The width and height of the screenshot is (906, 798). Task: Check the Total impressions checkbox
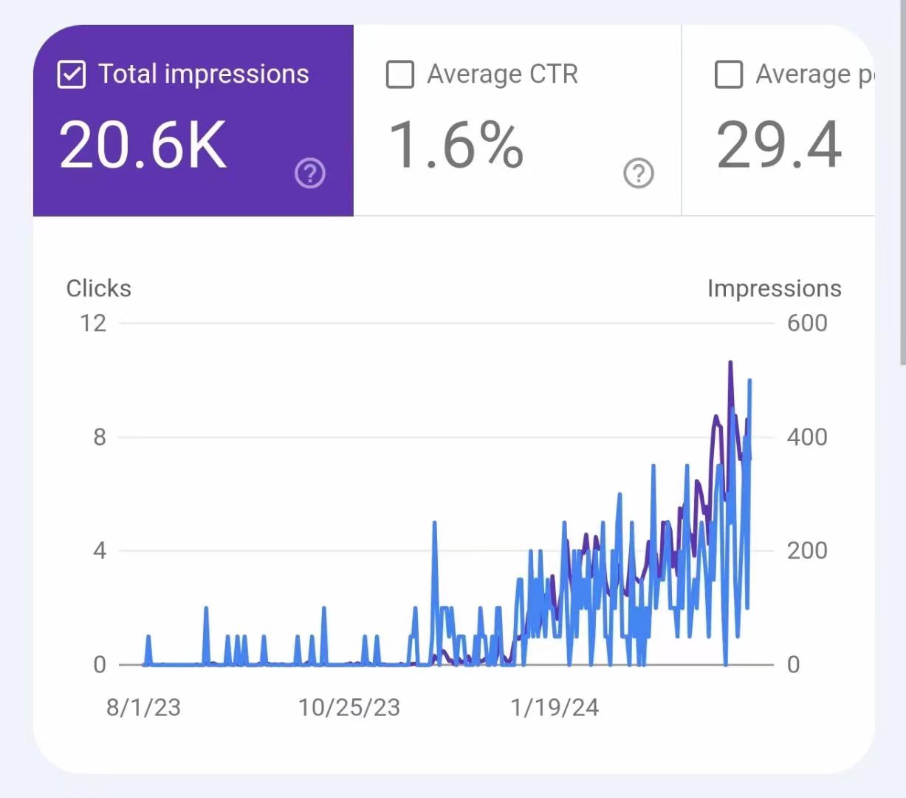72,75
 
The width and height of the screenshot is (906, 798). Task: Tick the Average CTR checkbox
400,75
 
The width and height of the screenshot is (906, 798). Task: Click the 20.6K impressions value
143,145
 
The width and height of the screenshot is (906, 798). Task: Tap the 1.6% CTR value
456,145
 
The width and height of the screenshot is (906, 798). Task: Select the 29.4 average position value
779,145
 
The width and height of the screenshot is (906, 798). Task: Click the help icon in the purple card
310,174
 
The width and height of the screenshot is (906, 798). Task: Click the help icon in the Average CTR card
639,174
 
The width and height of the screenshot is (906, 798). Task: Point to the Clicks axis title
99,288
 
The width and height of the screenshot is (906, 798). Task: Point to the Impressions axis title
774,288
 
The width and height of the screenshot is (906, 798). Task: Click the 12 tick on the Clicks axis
93,323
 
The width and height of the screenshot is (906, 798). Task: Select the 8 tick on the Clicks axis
100,437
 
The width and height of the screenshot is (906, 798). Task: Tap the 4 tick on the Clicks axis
100,550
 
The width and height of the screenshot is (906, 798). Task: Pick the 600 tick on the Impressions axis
806,323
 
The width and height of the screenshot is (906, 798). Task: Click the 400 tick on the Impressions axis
806,437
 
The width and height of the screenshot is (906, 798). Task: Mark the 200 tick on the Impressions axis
806,550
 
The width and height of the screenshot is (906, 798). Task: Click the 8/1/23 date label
143,707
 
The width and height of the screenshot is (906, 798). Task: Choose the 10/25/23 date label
349,707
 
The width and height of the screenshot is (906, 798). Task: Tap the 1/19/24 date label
555,707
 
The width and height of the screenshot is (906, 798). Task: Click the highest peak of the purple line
730,362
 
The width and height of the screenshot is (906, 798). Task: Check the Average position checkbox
729,75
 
